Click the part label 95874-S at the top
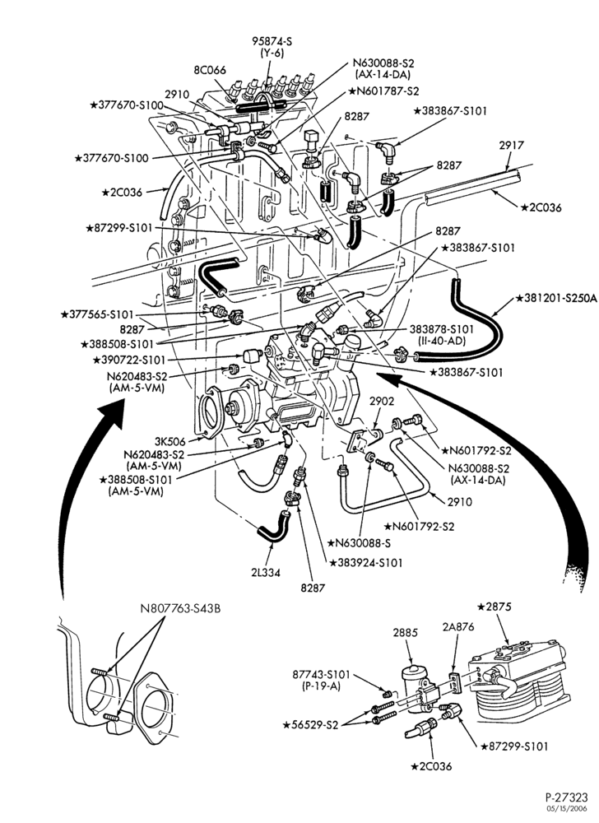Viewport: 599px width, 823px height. [272, 41]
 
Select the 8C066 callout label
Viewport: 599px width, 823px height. [209, 70]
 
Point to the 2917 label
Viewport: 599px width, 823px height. [511, 145]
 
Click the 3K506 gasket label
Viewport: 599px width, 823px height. [170, 441]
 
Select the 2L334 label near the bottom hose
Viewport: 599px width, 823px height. [266, 573]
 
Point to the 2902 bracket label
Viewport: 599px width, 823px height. [381, 402]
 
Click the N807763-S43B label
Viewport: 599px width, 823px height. [180, 609]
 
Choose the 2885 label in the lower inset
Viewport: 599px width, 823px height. [406, 632]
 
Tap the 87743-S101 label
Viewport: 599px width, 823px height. [321, 675]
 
